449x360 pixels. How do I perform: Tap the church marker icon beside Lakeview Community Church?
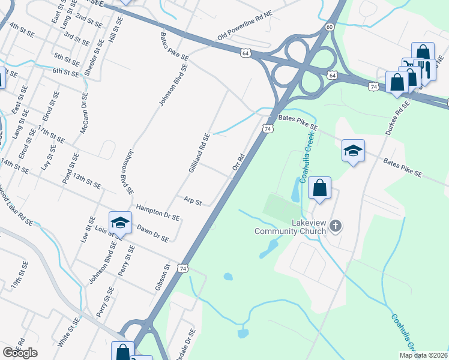336,226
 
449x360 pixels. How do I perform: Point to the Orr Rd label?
238,165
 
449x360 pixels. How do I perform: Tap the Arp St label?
193,200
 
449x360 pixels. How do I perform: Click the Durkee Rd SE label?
397,118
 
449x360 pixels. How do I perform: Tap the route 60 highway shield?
330,27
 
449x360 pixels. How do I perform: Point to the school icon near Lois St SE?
120,222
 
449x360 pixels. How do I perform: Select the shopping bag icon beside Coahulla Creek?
320,188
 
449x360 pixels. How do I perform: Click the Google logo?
20,353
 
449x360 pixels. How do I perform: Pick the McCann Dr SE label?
85,113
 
